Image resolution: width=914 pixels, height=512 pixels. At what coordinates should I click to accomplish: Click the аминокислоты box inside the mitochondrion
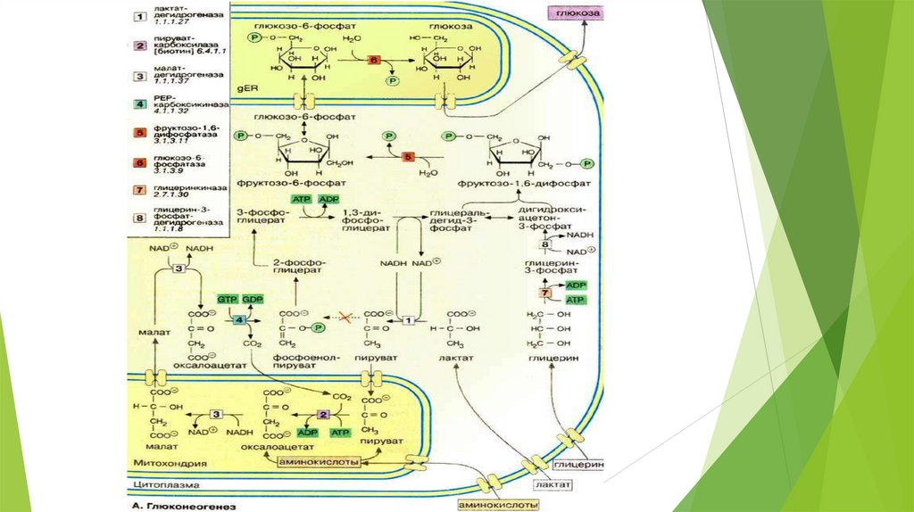pos(319,462)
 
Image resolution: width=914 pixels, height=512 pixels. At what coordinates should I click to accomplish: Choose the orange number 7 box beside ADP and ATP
pos(545,293)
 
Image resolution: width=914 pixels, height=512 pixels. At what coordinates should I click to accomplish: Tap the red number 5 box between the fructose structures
pos(409,157)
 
